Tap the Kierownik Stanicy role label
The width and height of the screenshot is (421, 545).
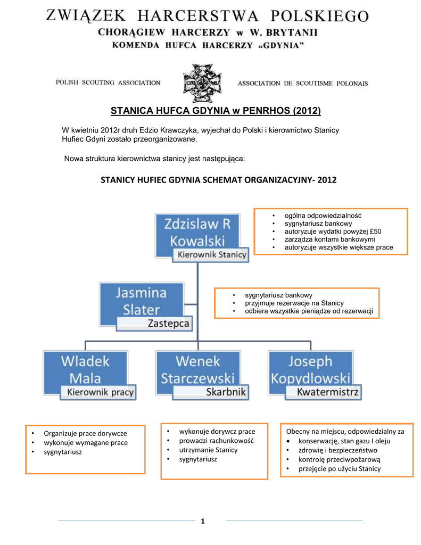click(212, 255)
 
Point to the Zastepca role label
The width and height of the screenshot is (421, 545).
click(168, 324)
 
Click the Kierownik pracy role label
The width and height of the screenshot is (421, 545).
click(100, 393)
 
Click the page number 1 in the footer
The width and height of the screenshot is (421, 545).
click(203, 521)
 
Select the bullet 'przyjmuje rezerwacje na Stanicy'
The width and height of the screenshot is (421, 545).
click(294, 303)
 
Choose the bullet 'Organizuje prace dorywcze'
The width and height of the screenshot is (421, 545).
click(85, 433)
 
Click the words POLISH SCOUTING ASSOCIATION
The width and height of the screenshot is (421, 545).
click(108, 83)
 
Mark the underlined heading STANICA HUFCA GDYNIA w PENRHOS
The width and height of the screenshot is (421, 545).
click(216, 111)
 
